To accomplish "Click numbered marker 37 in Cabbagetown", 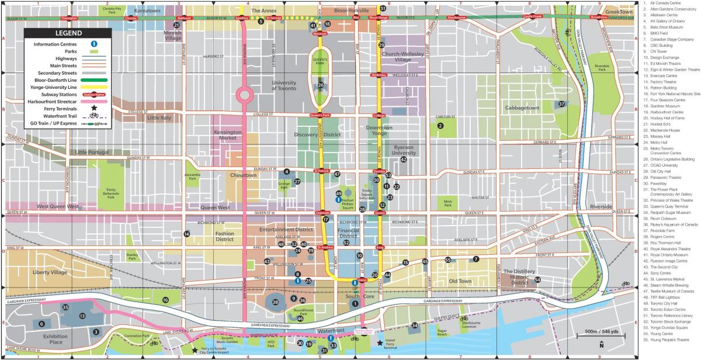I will tap(561, 104).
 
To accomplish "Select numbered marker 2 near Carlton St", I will tap(440, 125).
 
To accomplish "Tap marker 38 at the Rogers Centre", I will tap(275, 302).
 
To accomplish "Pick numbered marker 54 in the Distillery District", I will tap(537, 279).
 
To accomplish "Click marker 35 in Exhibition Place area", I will tap(65, 307).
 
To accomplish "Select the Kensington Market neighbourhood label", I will tap(227, 136).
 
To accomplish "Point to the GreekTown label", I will tap(618, 12).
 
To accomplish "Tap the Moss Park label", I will tap(447, 203).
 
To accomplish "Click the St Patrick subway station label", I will tap(322, 171).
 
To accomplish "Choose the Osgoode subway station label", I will tap(322, 213).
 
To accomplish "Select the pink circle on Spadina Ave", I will tap(244, 95).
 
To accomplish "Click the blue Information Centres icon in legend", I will tap(93, 44).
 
